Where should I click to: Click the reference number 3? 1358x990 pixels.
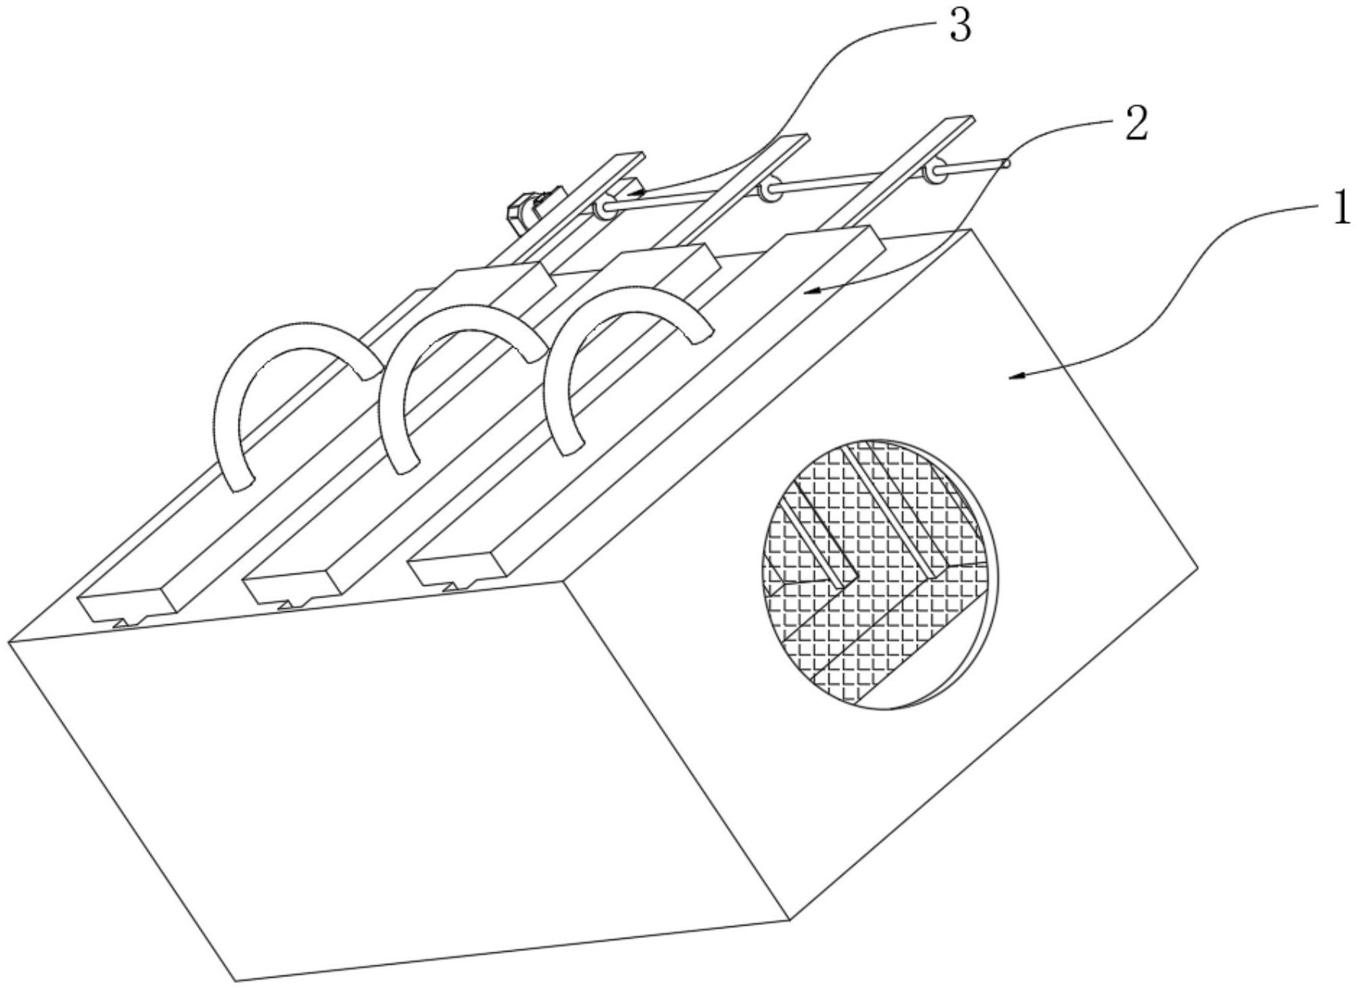[x=959, y=26]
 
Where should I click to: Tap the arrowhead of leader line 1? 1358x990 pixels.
[x=1011, y=377]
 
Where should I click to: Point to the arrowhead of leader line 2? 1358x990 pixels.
[x=806, y=291]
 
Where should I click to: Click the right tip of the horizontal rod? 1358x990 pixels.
[x=1007, y=163]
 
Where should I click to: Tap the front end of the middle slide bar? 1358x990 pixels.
[x=292, y=590]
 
